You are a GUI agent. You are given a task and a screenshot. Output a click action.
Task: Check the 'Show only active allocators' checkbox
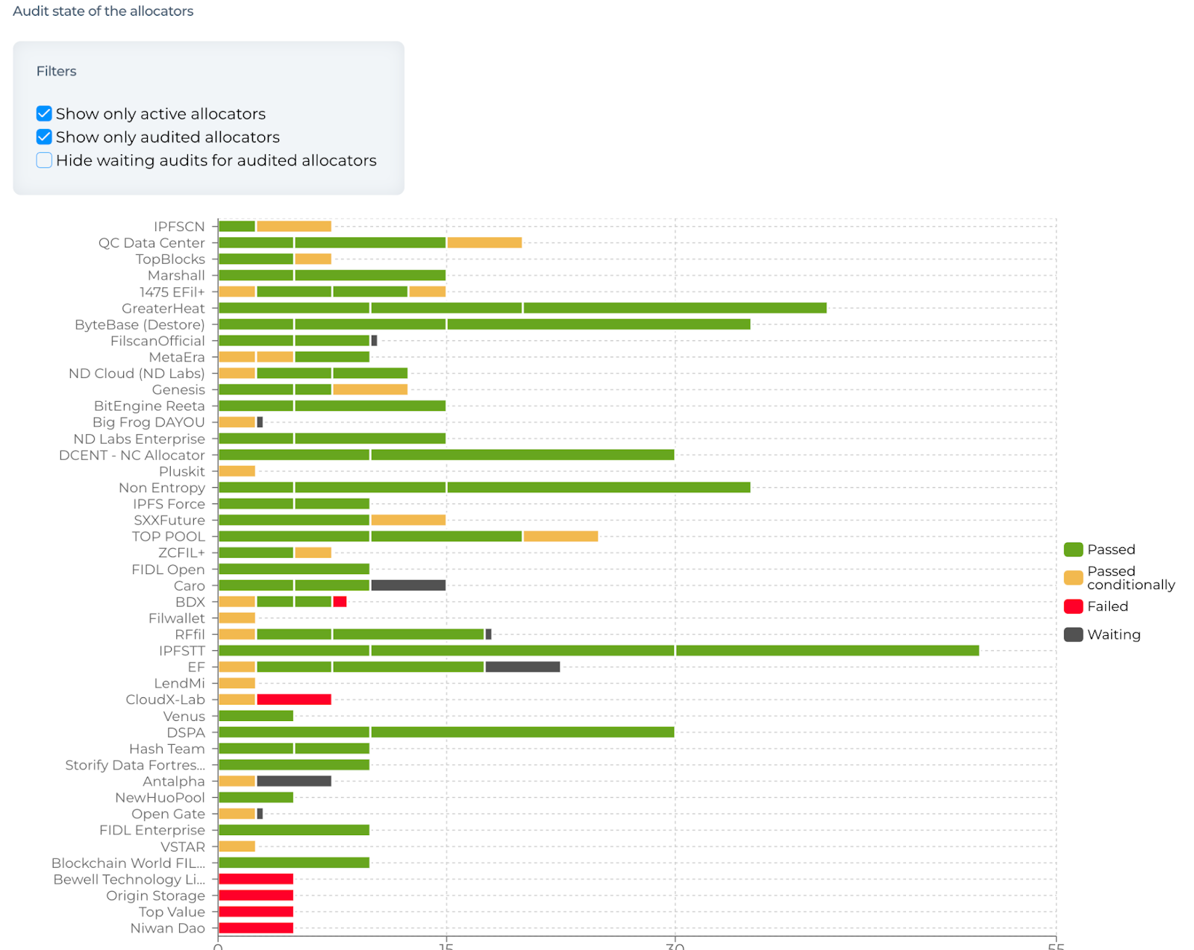(x=44, y=113)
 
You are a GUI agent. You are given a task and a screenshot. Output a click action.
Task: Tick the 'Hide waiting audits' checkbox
(x=44, y=160)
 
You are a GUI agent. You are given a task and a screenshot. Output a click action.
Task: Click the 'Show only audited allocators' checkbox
(x=44, y=137)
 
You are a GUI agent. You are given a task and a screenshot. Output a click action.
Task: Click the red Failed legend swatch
(x=1073, y=606)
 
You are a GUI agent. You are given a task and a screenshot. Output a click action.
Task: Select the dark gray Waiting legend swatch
(x=1073, y=635)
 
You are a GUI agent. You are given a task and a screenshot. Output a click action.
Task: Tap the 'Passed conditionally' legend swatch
(x=1073, y=578)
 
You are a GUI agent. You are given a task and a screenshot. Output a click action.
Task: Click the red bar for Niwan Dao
(x=256, y=928)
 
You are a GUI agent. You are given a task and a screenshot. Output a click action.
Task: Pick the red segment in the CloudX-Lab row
(x=294, y=699)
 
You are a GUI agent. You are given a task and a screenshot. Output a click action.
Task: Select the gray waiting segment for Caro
(x=408, y=585)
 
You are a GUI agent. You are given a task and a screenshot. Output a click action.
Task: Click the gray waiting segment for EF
(x=522, y=667)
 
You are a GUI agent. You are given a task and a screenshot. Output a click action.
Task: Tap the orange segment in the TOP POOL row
(x=560, y=536)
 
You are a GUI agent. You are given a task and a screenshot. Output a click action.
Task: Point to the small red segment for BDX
(x=340, y=602)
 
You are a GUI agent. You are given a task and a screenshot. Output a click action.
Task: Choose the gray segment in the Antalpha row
(x=294, y=781)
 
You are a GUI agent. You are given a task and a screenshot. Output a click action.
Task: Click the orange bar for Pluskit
(x=237, y=471)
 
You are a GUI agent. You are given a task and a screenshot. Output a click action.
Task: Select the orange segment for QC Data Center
(x=484, y=242)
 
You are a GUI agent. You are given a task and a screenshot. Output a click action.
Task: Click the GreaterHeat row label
(x=163, y=309)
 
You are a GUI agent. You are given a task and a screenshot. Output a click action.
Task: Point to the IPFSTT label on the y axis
(x=181, y=651)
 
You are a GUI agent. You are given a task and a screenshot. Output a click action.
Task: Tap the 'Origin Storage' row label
(x=155, y=896)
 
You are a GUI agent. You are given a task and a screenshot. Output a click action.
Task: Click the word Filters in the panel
(x=57, y=72)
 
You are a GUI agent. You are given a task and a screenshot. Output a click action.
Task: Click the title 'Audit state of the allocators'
(x=103, y=11)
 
